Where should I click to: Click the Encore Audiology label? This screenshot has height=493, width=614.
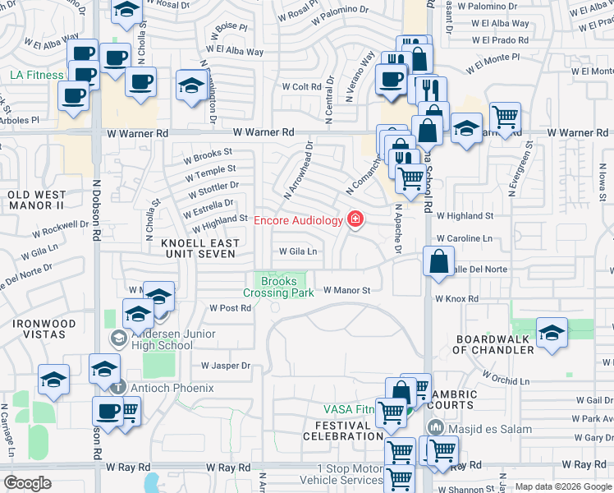pos(297,219)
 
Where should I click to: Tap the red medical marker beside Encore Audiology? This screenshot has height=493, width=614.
pos(355,219)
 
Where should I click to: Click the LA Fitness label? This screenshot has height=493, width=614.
pos(37,75)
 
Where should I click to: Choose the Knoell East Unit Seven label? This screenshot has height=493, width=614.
pos(200,248)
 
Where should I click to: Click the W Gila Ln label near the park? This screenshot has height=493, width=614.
pos(298,251)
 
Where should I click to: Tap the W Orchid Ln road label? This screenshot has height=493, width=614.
pos(506,380)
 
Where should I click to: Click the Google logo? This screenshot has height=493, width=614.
pos(27,483)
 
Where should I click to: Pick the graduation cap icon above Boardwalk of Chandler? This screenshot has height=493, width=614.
pos(552,333)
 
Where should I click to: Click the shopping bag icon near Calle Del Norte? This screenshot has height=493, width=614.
pos(439,261)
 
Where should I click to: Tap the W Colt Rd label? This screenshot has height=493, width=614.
pos(300,86)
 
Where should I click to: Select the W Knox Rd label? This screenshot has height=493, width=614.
pos(456,300)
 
